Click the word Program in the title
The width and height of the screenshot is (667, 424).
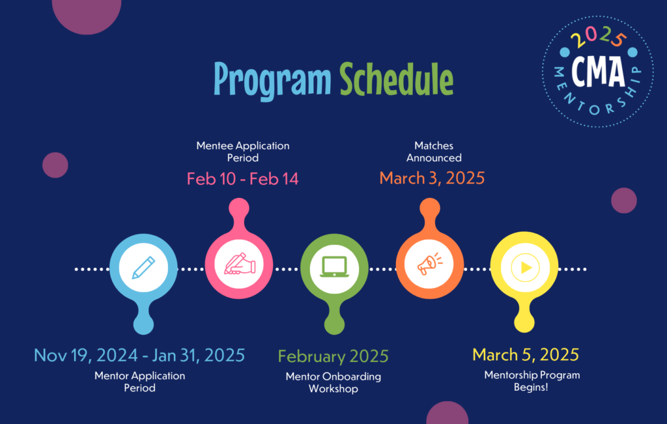tap(272, 81)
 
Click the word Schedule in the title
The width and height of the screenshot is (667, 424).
tap(397, 79)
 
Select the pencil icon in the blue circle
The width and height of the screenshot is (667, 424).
tap(143, 268)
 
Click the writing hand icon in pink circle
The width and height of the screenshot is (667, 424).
tap(240, 264)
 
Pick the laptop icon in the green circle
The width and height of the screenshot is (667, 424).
tap(334, 267)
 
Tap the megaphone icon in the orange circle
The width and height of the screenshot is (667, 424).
tap(430, 264)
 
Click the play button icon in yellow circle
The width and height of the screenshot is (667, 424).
tap(525, 268)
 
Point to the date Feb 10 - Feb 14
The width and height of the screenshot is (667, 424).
tap(242, 178)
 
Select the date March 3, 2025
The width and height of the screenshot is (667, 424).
tap(432, 178)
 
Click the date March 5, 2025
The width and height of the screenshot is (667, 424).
tap(526, 355)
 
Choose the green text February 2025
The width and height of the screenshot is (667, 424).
tap(333, 356)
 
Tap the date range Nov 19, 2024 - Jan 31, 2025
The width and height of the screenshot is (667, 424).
tap(139, 355)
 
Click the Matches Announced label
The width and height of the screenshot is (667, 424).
tap(434, 151)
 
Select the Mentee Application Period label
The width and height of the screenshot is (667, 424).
tap(243, 151)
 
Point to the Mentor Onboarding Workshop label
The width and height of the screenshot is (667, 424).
tap(333, 382)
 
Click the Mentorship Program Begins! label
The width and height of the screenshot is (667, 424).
tap(532, 380)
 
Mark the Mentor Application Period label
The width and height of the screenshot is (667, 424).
tap(139, 382)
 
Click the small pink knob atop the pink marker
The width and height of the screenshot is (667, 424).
tap(239, 208)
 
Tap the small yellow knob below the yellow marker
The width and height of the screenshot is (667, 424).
tap(524, 322)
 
